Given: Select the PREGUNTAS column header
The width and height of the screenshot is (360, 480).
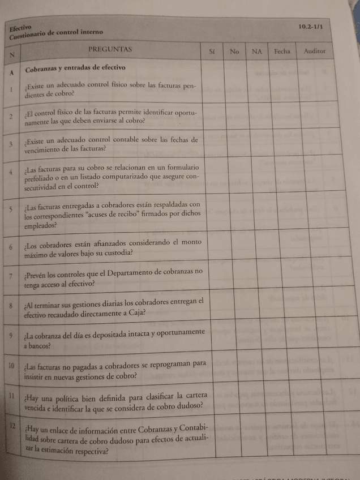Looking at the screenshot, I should (110, 49).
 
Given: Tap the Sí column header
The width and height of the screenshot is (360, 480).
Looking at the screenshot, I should (212, 51).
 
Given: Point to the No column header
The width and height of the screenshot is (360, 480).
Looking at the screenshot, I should (234, 52).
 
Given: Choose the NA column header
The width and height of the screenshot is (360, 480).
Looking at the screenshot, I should (257, 52).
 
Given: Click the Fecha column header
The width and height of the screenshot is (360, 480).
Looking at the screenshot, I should (282, 51).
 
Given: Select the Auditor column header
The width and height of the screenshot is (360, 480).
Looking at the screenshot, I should (315, 51).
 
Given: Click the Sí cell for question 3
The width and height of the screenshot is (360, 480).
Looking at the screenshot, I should (213, 143).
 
